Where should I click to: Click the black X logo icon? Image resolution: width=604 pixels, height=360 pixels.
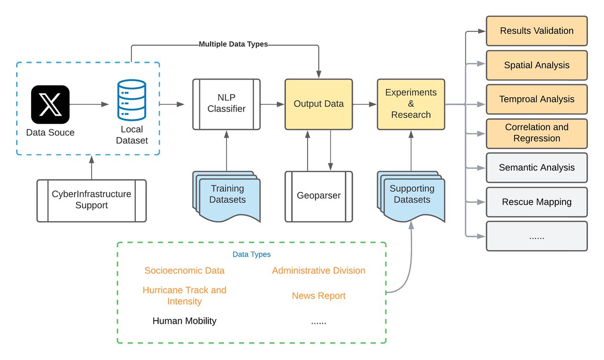coord(50,104)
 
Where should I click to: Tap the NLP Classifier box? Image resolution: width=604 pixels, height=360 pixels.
coord(226,104)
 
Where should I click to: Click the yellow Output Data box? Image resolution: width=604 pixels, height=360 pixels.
coord(319,104)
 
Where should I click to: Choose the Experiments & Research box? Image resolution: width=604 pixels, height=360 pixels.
coord(411,104)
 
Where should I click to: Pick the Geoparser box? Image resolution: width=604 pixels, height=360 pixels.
coord(319,196)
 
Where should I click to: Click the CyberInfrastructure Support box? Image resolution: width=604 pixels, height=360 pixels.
coord(92,200)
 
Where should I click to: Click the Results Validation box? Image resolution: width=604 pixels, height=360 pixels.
coord(537,31)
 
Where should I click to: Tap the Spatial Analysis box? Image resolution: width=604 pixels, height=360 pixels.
coord(537,65)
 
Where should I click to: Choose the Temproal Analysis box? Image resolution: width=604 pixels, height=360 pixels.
coord(537,100)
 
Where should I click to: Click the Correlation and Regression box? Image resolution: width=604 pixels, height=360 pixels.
coord(537,133)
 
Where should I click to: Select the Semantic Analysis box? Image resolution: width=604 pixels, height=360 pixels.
coord(537,168)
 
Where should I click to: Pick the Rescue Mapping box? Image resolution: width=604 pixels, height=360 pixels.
coord(537,202)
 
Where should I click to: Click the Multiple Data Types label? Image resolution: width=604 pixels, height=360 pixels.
coord(233,44)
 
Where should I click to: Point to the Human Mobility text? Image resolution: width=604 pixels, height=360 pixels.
coord(184,321)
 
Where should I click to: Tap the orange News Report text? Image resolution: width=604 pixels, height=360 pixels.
coord(319,296)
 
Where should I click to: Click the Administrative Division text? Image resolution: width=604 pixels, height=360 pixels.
coord(319,271)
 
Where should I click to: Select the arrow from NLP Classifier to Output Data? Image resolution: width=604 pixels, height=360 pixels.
coord(272,104)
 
